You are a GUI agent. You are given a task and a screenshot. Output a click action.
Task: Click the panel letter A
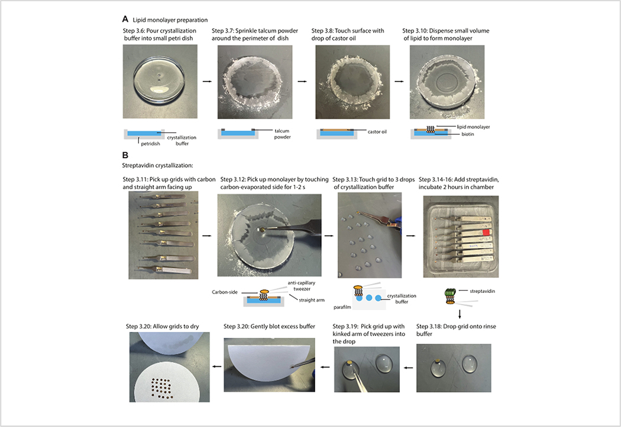coord(125,19)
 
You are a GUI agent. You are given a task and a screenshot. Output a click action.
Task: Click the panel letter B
coord(125,155)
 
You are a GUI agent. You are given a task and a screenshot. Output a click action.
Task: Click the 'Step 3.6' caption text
coord(159,34)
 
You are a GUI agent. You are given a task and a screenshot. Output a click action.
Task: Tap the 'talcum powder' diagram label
coord(282,133)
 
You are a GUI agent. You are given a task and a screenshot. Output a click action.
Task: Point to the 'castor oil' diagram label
coord(377,132)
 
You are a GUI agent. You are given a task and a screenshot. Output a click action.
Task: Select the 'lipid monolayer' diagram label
coord(473,127)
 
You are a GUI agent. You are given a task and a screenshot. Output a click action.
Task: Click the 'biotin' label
coord(467,134)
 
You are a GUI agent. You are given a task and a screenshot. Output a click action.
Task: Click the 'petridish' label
coord(150,144)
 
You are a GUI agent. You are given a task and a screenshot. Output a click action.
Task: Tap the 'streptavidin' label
coord(483,291)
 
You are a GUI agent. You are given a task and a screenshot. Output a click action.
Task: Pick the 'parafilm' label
coord(342,307)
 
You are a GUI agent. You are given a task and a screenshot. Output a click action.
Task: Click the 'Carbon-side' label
coord(225,292)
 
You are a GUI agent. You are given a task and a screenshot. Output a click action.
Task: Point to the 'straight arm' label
coord(312,300)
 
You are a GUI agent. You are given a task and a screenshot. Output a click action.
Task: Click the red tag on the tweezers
coord(486,233)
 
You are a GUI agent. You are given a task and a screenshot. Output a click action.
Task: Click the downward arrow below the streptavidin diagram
coord(460,314)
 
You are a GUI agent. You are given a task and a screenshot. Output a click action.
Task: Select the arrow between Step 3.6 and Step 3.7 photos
coord(207,82)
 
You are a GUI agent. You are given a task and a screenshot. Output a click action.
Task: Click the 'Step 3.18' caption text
coord(456,330)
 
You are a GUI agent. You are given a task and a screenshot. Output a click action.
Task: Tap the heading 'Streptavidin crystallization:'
coord(158,165)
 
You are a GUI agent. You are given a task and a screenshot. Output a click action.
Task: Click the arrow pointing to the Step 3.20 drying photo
coord(216,367)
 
